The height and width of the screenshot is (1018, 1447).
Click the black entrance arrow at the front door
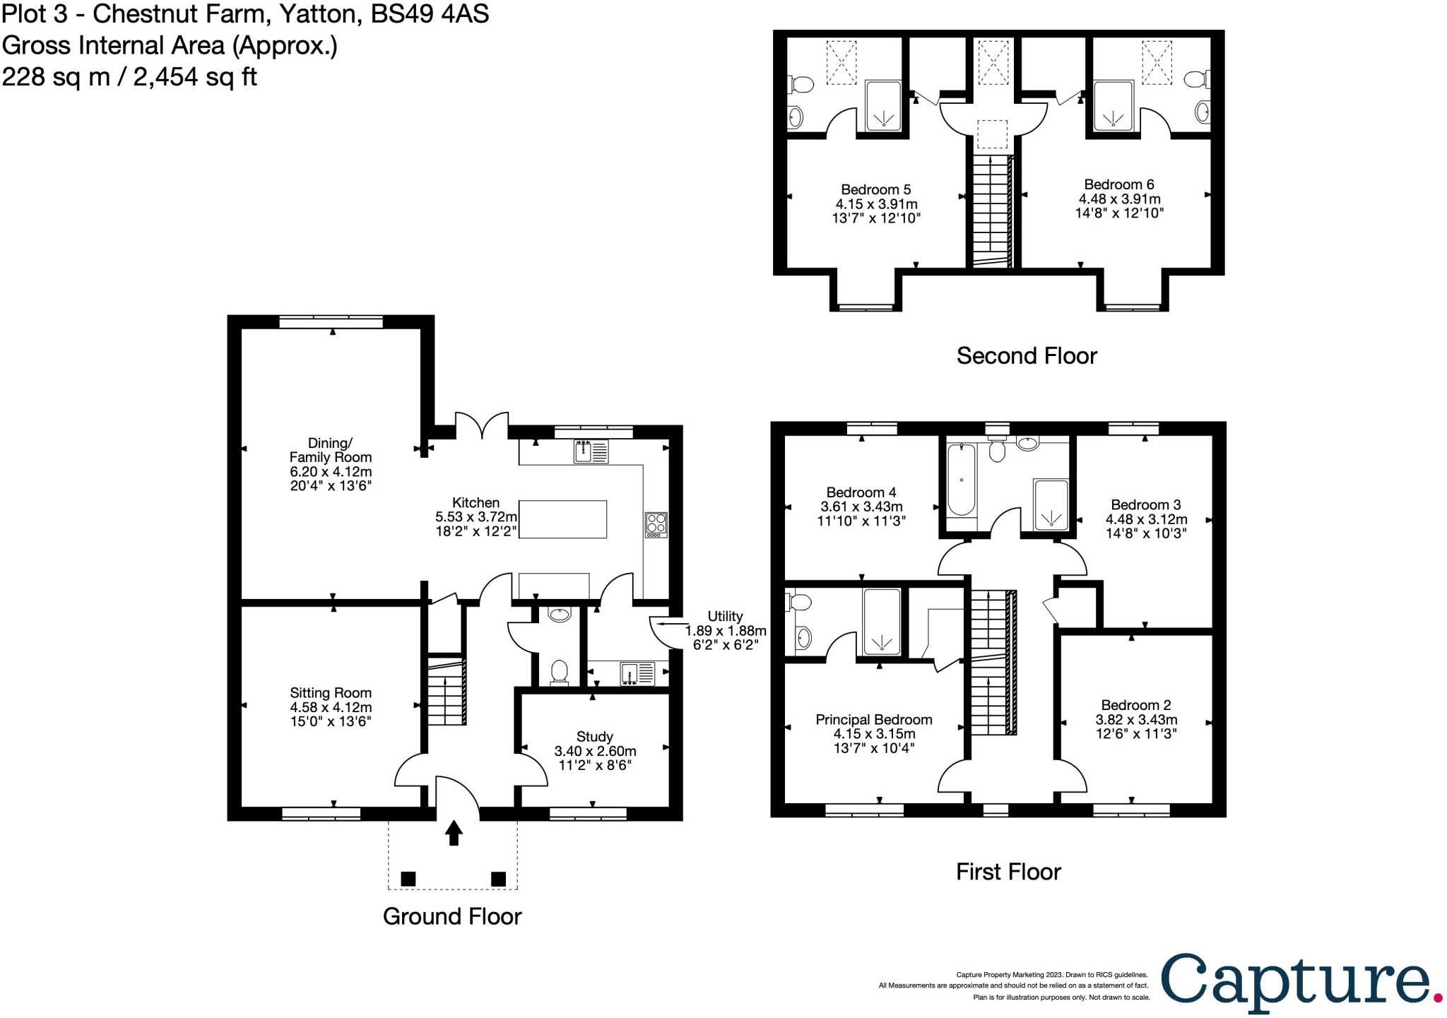[454, 833]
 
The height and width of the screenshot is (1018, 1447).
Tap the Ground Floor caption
[452, 917]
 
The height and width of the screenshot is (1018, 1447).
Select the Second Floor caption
[1027, 356]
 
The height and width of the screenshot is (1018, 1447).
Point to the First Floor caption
[1008, 872]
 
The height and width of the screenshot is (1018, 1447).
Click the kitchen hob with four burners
[656, 525]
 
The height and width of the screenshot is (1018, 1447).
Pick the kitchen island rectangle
[563, 519]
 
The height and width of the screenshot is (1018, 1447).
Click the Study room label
[595, 737]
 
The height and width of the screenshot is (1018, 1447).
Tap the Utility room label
[725, 616]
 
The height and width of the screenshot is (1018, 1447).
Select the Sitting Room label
[331, 693]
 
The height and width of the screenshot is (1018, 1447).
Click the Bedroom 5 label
[876, 189]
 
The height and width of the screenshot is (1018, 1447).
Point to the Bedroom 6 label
[1119, 184]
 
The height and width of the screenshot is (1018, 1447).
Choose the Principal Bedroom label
[874, 719]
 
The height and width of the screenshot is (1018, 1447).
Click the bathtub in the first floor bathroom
[962, 480]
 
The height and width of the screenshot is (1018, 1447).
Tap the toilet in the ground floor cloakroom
[559, 672]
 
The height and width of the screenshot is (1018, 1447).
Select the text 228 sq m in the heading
[56, 77]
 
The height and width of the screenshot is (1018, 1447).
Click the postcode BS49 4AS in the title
[430, 14]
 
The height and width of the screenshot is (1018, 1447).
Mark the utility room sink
[637, 674]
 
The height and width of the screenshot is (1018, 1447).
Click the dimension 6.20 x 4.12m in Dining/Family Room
[331, 471]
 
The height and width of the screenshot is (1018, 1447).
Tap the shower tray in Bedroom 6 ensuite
[1114, 106]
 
